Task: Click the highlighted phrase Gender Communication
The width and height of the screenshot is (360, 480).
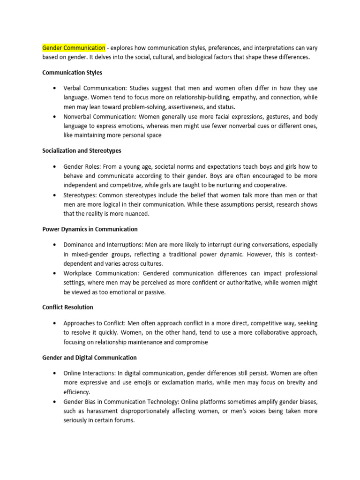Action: point(74,48)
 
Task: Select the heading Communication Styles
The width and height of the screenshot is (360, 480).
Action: point(72,73)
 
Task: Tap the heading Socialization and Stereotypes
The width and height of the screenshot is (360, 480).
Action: point(82,151)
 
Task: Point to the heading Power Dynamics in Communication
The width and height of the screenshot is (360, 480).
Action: point(90,229)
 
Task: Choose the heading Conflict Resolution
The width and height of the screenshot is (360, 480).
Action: point(67,307)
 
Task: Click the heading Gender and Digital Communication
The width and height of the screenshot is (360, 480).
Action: point(90,358)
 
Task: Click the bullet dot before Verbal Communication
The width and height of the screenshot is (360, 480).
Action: point(55,89)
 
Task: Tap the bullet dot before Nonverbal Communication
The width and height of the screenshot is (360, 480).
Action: point(55,117)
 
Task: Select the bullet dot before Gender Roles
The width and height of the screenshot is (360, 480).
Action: point(55,167)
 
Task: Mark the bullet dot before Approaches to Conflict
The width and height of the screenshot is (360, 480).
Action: point(55,323)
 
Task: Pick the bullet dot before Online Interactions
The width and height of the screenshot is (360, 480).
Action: point(55,374)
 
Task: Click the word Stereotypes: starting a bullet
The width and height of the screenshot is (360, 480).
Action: point(81,195)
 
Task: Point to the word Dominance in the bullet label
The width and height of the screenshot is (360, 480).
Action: point(79,245)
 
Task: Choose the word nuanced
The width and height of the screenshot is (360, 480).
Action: point(137,214)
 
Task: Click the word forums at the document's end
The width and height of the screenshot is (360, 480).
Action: point(124,420)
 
